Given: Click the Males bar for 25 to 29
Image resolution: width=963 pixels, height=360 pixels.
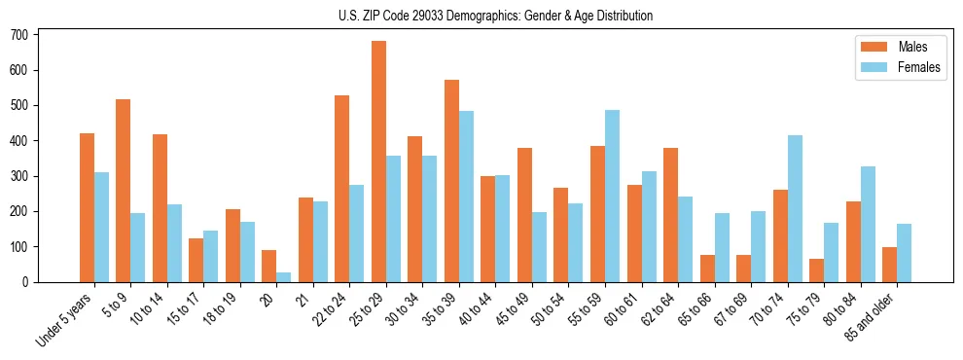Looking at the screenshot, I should (x=378, y=162).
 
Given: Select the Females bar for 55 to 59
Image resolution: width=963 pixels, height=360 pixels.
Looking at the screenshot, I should (x=612, y=196).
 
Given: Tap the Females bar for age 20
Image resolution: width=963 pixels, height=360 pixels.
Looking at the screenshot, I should (x=284, y=277).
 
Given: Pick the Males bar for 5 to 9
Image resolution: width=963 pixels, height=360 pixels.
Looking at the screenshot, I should (x=124, y=191).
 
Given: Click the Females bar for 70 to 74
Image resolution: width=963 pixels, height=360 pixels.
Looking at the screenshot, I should (x=795, y=208).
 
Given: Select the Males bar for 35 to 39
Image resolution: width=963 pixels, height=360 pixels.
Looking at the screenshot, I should (x=451, y=181).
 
